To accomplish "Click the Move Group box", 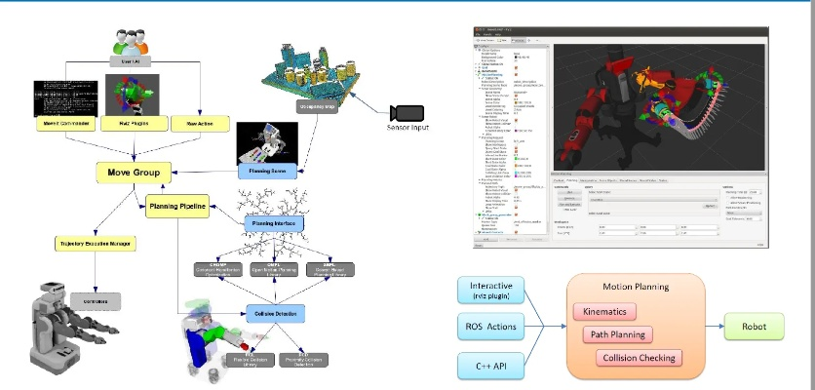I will (x=134, y=172).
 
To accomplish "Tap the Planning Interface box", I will (x=274, y=225).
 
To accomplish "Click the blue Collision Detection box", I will (x=276, y=314).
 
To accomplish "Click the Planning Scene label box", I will (x=265, y=171).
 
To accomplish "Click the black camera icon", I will (x=402, y=112).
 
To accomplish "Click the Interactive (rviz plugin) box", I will (x=492, y=290).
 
